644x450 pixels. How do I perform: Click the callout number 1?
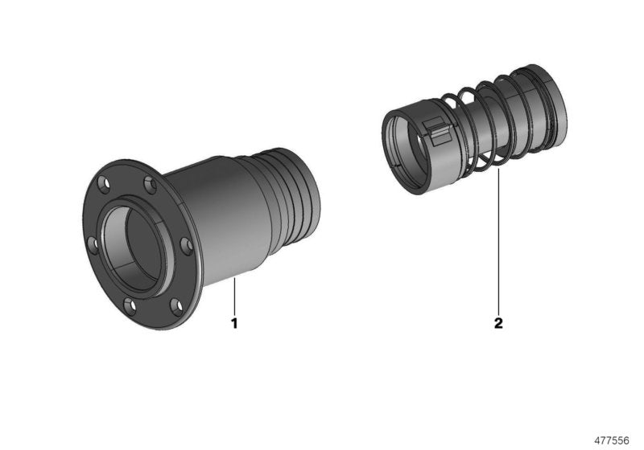234,323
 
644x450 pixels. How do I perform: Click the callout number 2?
498,323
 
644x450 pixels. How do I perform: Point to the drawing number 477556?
612,440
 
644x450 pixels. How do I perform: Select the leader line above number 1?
234,296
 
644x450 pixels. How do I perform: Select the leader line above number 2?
498,241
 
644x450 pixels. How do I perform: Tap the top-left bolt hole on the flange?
105,182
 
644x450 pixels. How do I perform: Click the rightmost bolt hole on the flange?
186,246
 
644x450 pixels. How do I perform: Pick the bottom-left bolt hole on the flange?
130,305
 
